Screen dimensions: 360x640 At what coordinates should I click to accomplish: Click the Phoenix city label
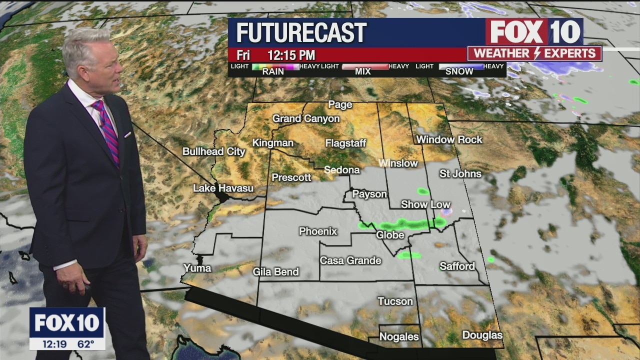click(x=318, y=231)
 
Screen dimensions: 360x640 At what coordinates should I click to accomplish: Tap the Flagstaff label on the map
click(x=345, y=143)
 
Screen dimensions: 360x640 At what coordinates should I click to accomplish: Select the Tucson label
click(x=395, y=301)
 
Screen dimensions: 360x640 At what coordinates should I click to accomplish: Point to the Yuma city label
click(x=197, y=268)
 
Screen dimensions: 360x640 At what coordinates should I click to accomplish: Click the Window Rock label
click(x=449, y=140)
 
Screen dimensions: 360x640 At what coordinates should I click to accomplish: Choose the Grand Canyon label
click(x=305, y=119)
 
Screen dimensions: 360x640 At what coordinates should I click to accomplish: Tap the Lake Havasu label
click(x=223, y=188)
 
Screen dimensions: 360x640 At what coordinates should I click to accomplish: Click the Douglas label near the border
click(x=482, y=335)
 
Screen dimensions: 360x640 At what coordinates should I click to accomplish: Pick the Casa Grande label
click(x=350, y=260)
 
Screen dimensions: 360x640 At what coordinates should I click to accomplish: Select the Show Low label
click(x=425, y=204)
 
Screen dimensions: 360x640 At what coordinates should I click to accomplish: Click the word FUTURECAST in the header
click(x=301, y=33)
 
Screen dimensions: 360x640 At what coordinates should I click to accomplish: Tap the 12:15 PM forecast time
click(x=291, y=55)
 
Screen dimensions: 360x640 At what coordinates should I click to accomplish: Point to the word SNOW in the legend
click(x=459, y=71)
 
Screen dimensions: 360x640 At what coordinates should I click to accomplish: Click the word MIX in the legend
click(x=362, y=71)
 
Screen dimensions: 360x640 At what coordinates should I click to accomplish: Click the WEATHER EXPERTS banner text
click(x=534, y=53)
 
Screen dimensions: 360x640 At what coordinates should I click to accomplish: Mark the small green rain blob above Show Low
click(x=423, y=191)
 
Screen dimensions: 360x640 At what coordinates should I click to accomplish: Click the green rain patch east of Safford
click(x=490, y=259)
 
